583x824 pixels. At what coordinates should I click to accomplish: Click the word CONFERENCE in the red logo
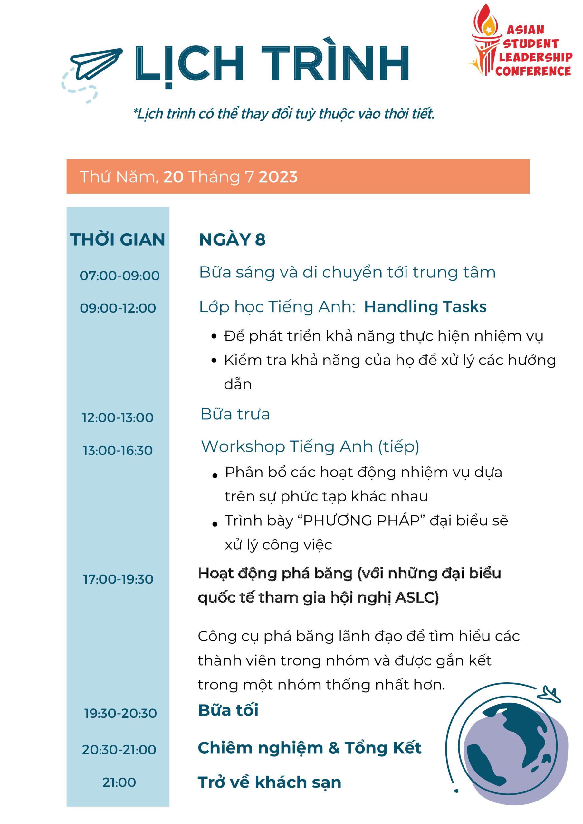tap(533, 71)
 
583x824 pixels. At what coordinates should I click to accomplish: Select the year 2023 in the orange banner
tap(278, 177)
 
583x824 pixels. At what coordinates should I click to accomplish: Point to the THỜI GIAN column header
tap(118, 239)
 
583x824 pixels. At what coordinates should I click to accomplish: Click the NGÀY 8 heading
tap(232, 239)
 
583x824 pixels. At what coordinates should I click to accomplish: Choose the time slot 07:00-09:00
tap(119, 276)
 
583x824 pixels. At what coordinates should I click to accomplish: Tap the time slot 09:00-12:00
tap(118, 308)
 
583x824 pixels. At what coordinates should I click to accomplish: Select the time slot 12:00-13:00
tap(118, 417)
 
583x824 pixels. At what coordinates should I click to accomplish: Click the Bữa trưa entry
tap(235, 414)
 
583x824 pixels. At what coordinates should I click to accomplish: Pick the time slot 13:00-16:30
tap(118, 450)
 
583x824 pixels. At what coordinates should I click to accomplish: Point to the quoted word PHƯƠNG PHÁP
tap(362, 520)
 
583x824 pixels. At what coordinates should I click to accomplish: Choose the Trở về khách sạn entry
tap(269, 782)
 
